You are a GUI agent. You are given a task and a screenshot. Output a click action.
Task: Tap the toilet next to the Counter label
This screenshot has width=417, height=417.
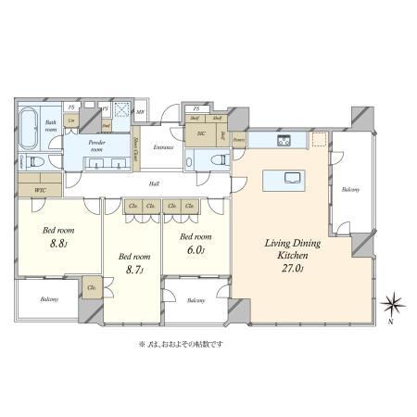tap(36, 160)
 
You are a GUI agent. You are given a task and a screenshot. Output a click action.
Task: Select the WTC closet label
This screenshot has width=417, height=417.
tap(40, 190)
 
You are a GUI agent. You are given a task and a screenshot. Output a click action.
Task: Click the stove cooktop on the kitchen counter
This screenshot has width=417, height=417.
tap(284, 141)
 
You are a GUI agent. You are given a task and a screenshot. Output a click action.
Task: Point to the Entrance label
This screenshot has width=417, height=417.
tap(165, 147)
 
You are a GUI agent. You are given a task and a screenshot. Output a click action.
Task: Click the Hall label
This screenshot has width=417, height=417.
tap(153, 183)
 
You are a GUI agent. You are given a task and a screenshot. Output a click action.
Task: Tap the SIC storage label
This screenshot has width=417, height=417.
tap(201, 133)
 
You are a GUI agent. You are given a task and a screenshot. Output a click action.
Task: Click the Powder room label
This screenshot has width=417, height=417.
tap(96, 146)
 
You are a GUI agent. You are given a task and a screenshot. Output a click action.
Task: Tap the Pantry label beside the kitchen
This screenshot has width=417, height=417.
tap(239, 140)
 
